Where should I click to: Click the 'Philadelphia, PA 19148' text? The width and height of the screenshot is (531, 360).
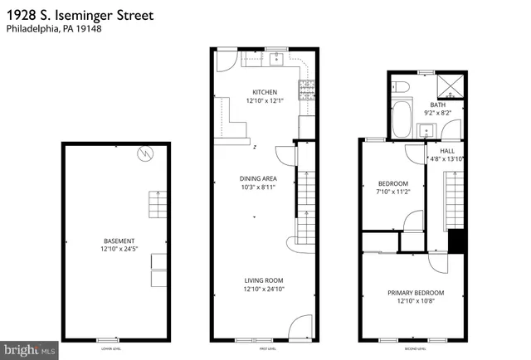pyautogui.click(x=51, y=30)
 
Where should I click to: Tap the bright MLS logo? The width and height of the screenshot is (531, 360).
pyautogui.click(x=29, y=350)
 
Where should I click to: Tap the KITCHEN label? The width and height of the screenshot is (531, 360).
pyautogui.click(x=265, y=92)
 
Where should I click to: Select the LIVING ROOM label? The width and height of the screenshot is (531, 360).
pyautogui.click(x=264, y=280)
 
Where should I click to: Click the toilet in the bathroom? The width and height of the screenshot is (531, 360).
pyautogui.click(x=400, y=87)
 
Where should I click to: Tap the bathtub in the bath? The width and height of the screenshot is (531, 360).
pyautogui.click(x=400, y=119)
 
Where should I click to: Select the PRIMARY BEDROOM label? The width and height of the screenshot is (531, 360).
pyautogui.click(x=416, y=293)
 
